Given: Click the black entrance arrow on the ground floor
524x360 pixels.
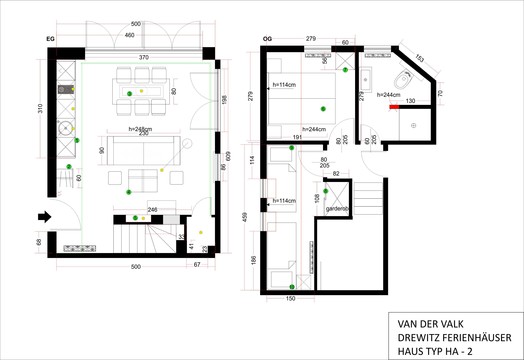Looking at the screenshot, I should [41, 216].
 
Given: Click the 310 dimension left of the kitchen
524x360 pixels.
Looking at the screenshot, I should [40, 107].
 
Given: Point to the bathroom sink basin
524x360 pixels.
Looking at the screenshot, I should [368, 76].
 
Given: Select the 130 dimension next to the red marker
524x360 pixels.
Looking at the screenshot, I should [409, 101].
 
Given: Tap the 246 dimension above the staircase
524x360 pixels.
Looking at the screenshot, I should [152, 209].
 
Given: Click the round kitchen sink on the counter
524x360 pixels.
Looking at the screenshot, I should [66, 127].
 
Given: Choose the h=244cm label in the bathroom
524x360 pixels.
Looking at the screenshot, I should [389, 94].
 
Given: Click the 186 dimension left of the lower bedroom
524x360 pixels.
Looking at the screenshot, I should [253, 260].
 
